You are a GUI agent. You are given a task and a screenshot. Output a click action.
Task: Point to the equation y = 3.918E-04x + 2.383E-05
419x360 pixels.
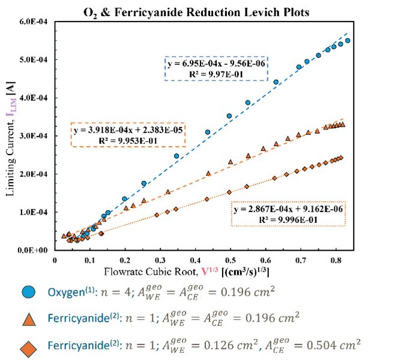tap(128, 130)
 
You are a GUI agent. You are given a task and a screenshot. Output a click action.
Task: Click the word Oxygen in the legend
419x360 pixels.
tap(66, 292)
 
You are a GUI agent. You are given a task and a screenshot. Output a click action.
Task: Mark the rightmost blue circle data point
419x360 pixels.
tap(348, 41)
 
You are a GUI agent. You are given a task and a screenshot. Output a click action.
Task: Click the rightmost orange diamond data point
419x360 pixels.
tap(340, 158)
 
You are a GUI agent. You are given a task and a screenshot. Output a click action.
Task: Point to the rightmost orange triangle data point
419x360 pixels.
tap(342, 125)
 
